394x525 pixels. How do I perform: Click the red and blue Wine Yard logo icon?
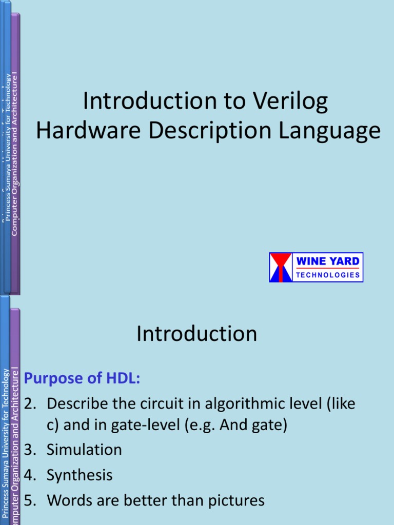click(x=281, y=267)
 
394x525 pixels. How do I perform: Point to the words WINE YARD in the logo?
click(x=328, y=261)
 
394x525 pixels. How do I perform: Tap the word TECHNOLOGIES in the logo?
click(x=328, y=275)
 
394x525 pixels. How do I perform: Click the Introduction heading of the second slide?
click(x=197, y=334)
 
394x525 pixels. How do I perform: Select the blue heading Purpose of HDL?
click(x=82, y=379)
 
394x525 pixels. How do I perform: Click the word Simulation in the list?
click(x=84, y=450)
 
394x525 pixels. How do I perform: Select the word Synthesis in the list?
click(x=80, y=475)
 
